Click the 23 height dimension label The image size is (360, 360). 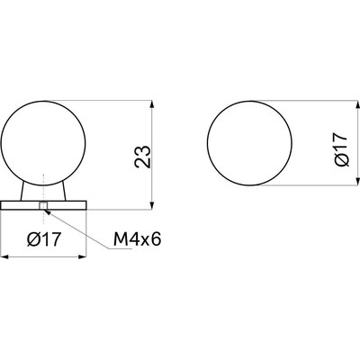(143, 157)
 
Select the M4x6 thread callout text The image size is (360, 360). (138, 239)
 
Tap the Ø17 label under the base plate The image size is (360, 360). (44, 239)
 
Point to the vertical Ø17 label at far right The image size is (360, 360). (341, 149)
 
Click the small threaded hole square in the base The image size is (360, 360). (43, 206)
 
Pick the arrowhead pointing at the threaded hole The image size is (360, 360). (47, 211)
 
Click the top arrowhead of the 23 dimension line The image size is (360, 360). (152, 104)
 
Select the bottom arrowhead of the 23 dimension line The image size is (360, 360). (152, 205)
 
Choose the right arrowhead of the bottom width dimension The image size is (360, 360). (82, 256)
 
